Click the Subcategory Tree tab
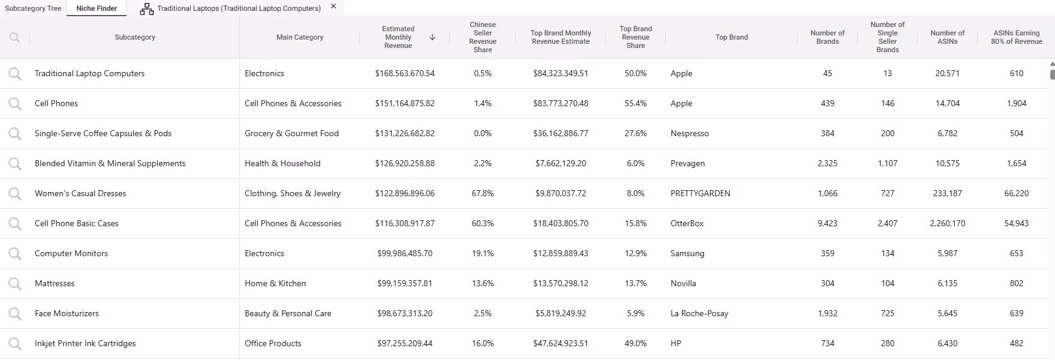[33, 8]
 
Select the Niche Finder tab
[97, 8]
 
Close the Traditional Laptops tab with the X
[333, 7]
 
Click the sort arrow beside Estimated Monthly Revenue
[432, 37]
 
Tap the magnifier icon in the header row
[15, 37]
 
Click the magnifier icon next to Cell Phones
[15, 104]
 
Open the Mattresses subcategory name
[55, 284]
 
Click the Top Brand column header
[732, 37]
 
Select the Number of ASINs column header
[948, 37]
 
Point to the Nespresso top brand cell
[690, 134]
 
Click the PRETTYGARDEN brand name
[701, 194]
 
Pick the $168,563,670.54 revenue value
[405, 74]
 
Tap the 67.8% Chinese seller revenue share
[483, 194]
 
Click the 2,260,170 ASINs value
[948, 224]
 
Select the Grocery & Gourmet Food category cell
[291, 134]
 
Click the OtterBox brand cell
[687, 224]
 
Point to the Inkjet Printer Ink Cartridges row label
[85, 344]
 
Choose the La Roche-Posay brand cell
[699, 314]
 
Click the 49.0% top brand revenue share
[636, 344]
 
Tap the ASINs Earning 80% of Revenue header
[1017, 37]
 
